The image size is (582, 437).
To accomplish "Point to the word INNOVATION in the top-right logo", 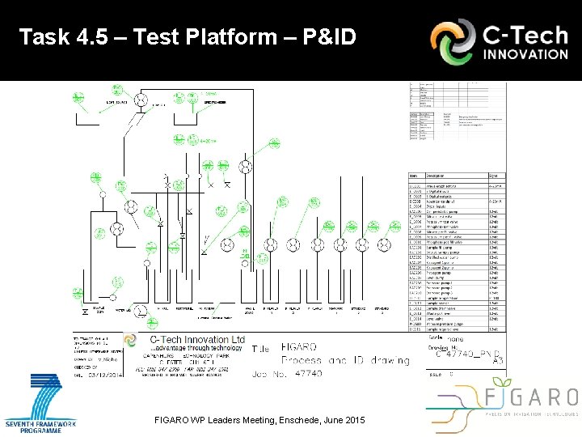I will tap(526, 54).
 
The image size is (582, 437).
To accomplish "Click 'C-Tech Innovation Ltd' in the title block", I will tap(197, 338).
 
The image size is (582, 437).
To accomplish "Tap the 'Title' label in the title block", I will tap(260, 349).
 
